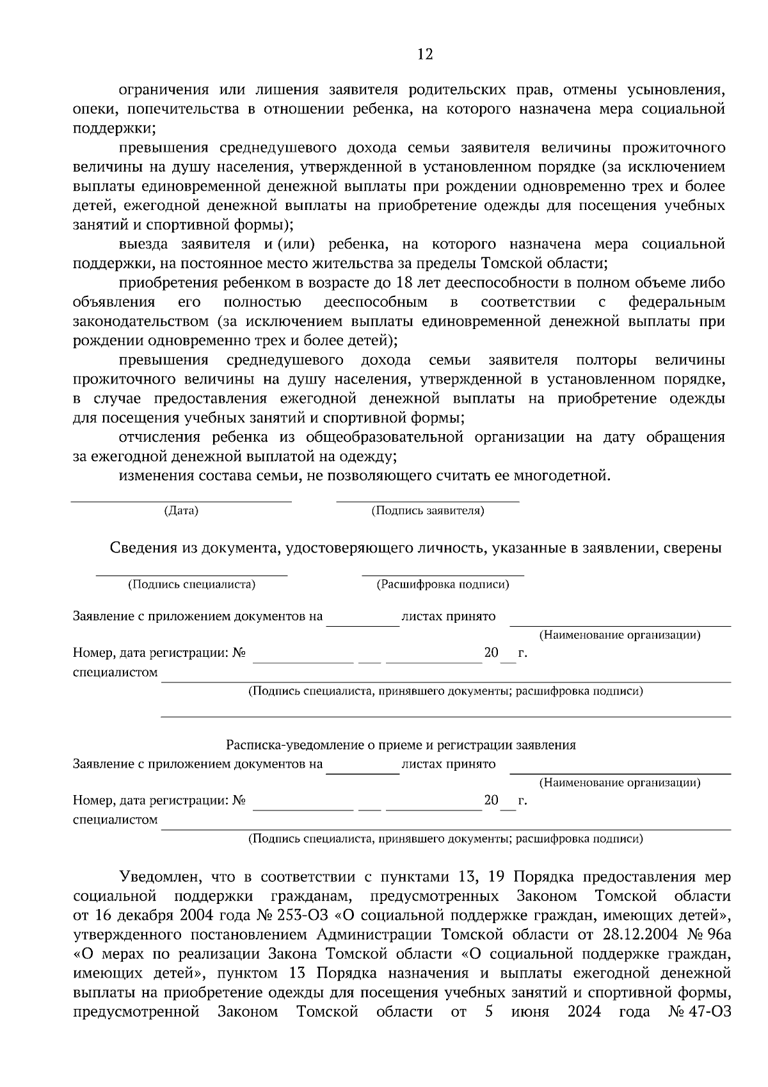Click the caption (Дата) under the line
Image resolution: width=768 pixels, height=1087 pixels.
pyautogui.click(x=181, y=510)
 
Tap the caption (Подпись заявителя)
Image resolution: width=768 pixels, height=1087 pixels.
pyautogui.click(x=428, y=510)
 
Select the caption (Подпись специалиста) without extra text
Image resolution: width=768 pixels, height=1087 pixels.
pyautogui.click(x=191, y=584)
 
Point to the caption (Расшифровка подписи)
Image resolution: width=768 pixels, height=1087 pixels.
pyautogui.click(x=443, y=584)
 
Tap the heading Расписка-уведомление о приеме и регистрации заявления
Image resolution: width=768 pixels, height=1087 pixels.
pyautogui.click(x=401, y=745)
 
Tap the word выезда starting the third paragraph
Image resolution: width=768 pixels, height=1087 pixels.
pyautogui.click(x=143, y=244)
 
